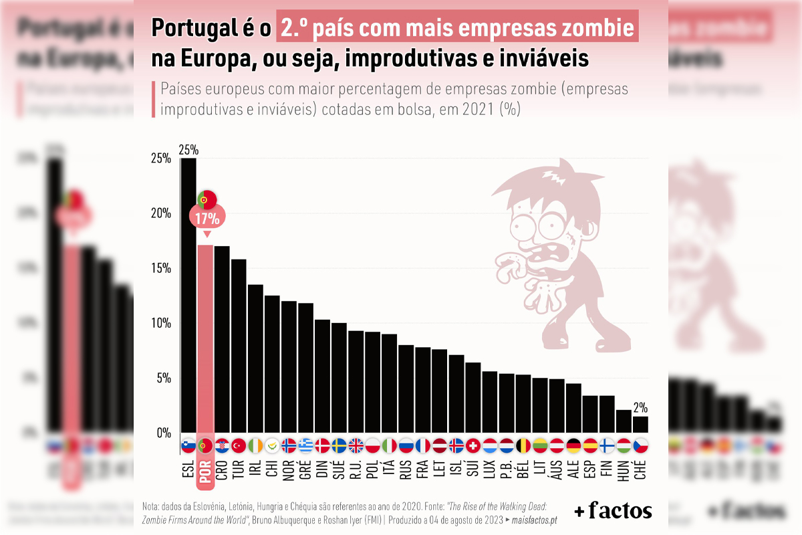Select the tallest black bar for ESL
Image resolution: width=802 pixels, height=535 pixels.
(188, 294)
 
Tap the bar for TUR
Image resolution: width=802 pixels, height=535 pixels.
(239, 344)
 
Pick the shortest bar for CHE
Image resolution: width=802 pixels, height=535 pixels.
(640, 424)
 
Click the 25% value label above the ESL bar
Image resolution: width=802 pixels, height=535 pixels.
(188, 149)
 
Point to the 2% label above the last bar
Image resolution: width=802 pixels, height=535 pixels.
(640, 407)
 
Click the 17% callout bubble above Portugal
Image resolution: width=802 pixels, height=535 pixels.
(207, 217)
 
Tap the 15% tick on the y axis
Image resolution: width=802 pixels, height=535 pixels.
(162, 268)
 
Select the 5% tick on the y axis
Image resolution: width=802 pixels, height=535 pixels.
(164, 378)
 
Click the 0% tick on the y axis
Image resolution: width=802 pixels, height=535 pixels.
(164, 433)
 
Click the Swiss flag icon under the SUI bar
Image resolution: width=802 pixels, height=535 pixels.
(473, 445)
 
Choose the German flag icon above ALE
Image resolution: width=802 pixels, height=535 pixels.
(573, 445)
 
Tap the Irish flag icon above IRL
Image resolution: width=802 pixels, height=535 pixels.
(255, 445)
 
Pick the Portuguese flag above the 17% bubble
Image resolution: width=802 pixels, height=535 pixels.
(207, 199)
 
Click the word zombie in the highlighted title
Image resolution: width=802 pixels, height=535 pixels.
(597, 29)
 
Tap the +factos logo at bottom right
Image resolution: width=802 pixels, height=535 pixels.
(613, 511)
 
